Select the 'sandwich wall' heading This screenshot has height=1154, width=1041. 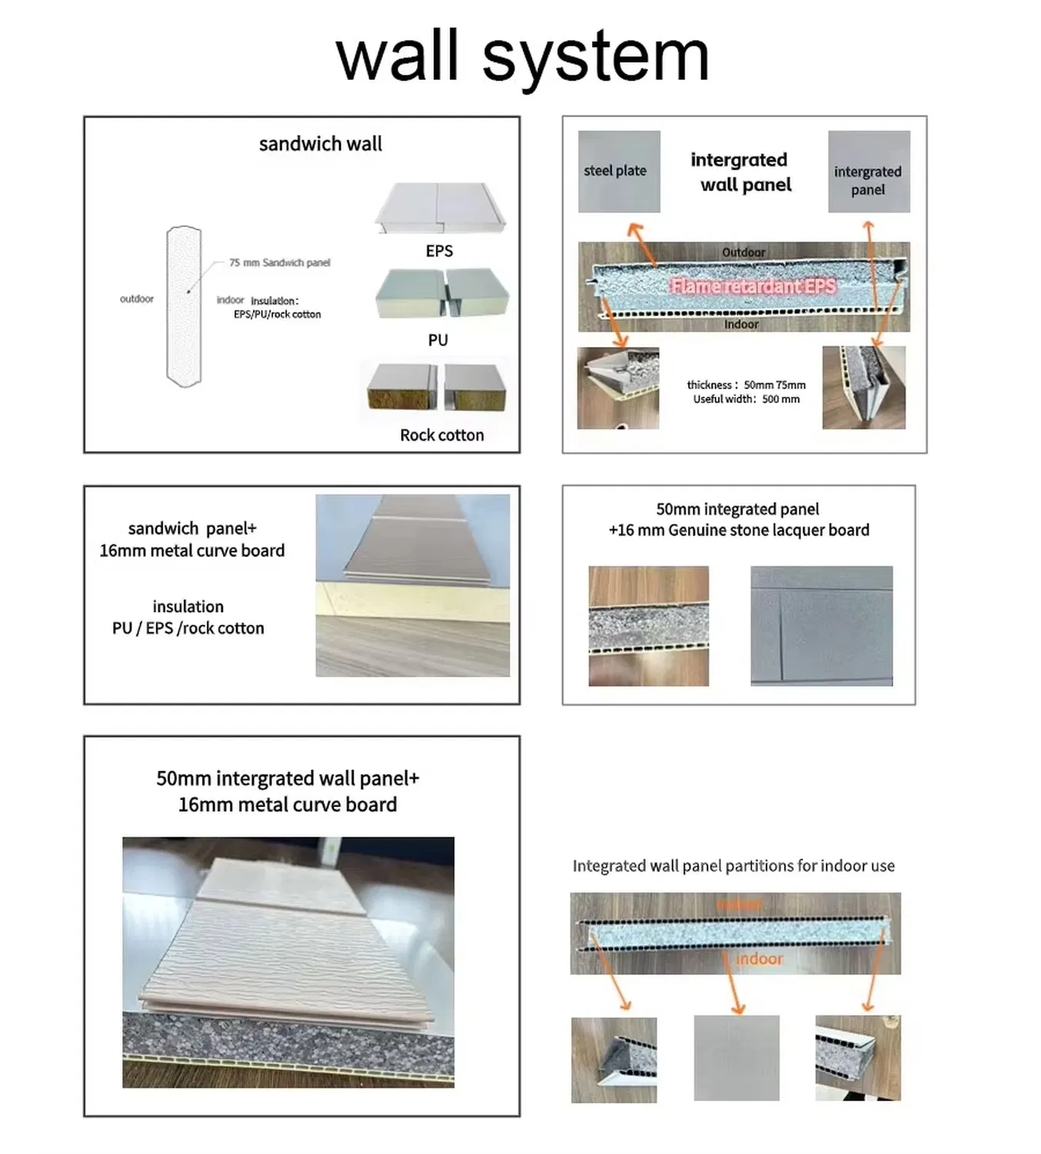pyautogui.click(x=320, y=144)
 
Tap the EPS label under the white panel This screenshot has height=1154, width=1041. pyautogui.click(x=439, y=251)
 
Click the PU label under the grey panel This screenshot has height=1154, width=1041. pyautogui.click(x=437, y=340)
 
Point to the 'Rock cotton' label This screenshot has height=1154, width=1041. pyautogui.click(x=441, y=435)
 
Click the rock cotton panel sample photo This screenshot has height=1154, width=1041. pyautogui.click(x=437, y=389)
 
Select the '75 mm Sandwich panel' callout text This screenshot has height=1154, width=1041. pyautogui.click(x=279, y=262)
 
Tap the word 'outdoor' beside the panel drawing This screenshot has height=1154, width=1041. pyautogui.click(x=136, y=299)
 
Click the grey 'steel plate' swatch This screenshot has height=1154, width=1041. pyautogui.click(x=619, y=171)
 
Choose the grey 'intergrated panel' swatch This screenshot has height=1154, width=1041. pyautogui.click(x=868, y=172)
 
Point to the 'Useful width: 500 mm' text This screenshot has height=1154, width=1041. pyautogui.click(x=746, y=399)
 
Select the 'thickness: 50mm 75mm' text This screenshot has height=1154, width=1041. pyautogui.click(x=746, y=385)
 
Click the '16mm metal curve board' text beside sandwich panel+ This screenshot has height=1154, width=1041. pyautogui.click(x=191, y=551)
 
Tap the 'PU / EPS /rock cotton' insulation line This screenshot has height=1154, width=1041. pyautogui.click(x=188, y=629)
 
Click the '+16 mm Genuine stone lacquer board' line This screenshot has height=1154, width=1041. pyautogui.click(x=738, y=530)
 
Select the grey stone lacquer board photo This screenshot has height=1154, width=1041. pyautogui.click(x=821, y=625)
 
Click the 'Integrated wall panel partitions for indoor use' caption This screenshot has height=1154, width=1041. pyautogui.click(x=733, y=865)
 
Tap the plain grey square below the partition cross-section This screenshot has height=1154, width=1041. pyautogui.click(x=736, y=1058)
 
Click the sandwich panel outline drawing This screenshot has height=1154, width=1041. pyautogui.click(x=184, y=306)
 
